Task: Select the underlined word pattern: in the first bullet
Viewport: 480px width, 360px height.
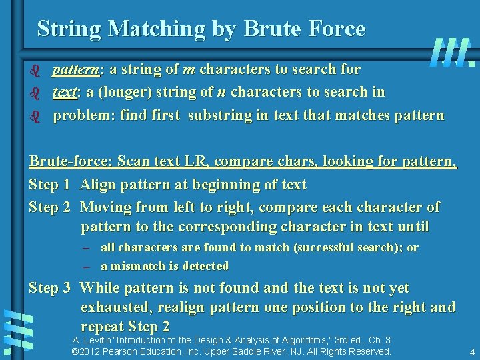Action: (77, 69)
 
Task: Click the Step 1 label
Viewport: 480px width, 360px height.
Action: (49, 185)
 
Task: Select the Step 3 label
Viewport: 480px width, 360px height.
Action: (49, 289)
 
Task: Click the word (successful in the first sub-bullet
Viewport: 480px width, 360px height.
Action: (319, 247)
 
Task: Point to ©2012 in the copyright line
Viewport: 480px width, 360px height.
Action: (85, 351)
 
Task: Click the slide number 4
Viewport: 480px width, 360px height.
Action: (471, 351)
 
